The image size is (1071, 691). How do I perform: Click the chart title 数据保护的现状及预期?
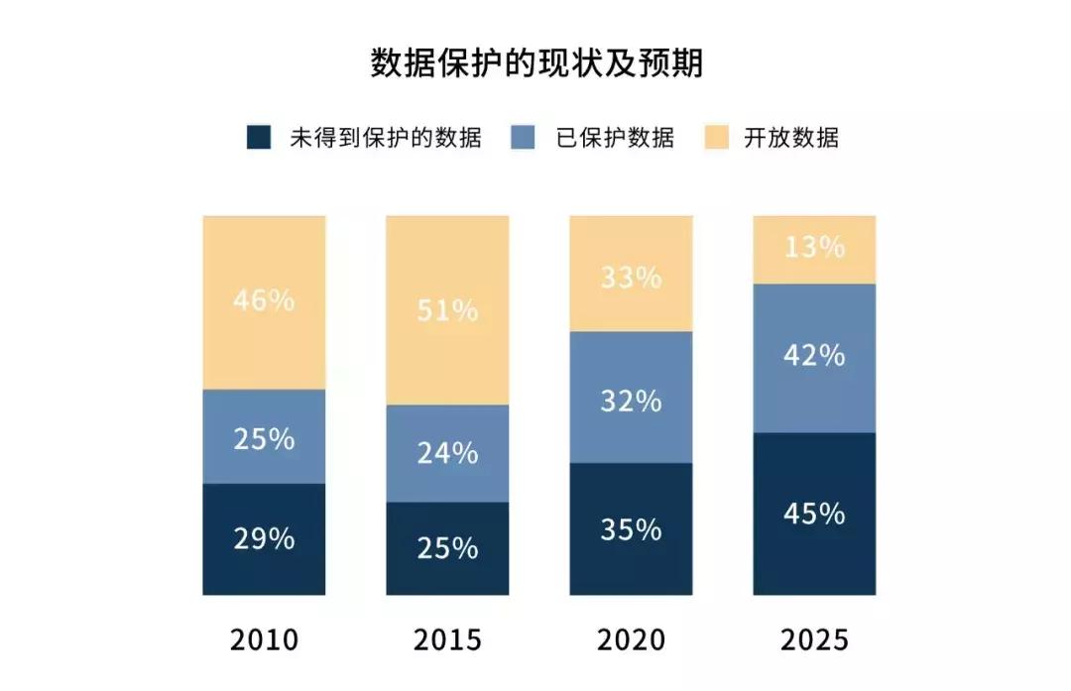(535, 63)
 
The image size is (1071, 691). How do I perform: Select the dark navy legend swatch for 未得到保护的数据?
(258, 137)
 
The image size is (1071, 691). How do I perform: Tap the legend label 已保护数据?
(615, 138)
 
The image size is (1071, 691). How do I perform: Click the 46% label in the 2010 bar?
(264, 300)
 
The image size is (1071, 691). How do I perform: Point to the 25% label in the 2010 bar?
(264, 438)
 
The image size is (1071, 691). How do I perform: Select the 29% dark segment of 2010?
(264, 539)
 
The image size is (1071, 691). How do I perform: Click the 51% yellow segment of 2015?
(447, 310)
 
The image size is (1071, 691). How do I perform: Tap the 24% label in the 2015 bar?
(447, 453)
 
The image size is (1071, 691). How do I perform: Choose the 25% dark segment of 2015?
(447, 548)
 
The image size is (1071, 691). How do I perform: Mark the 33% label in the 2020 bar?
(631, 277)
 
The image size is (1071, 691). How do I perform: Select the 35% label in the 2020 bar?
(631, 529)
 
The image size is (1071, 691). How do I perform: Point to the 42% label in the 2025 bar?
(814, 355)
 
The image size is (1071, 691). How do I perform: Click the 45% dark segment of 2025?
(814, 515)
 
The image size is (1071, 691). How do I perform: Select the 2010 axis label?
(264, 639)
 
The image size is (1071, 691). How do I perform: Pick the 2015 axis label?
(447, 639)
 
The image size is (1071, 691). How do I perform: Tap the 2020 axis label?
(631, 639)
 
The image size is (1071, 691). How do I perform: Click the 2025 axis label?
(814, 639)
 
